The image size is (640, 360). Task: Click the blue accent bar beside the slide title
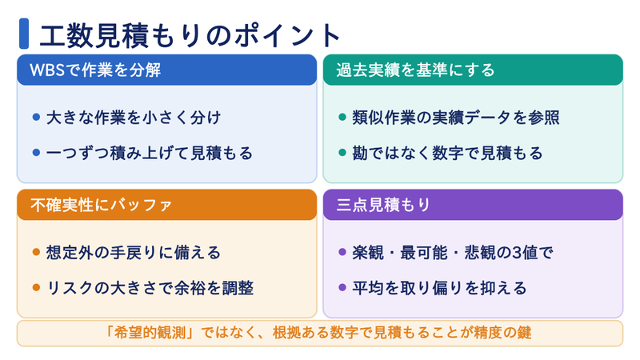[x=24, y=34]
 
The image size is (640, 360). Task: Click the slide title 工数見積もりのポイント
[x=190, y=35]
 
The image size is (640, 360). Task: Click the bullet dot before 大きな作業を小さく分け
[x=36, y=118]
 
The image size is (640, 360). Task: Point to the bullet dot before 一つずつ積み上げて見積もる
[x=36, y=153]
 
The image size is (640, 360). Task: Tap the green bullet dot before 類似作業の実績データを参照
[x=342, y=118]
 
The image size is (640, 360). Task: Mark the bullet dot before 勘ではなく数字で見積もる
[x=342, y=153]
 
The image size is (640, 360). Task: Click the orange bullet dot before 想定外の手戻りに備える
[x=36, y=252]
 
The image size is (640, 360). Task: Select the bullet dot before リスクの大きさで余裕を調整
[x=36, y=288]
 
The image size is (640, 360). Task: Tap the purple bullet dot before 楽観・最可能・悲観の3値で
[x=342, y=252]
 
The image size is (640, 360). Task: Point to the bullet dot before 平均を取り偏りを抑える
[x=342, y=288]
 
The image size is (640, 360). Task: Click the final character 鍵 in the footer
[x=525, y=333]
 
